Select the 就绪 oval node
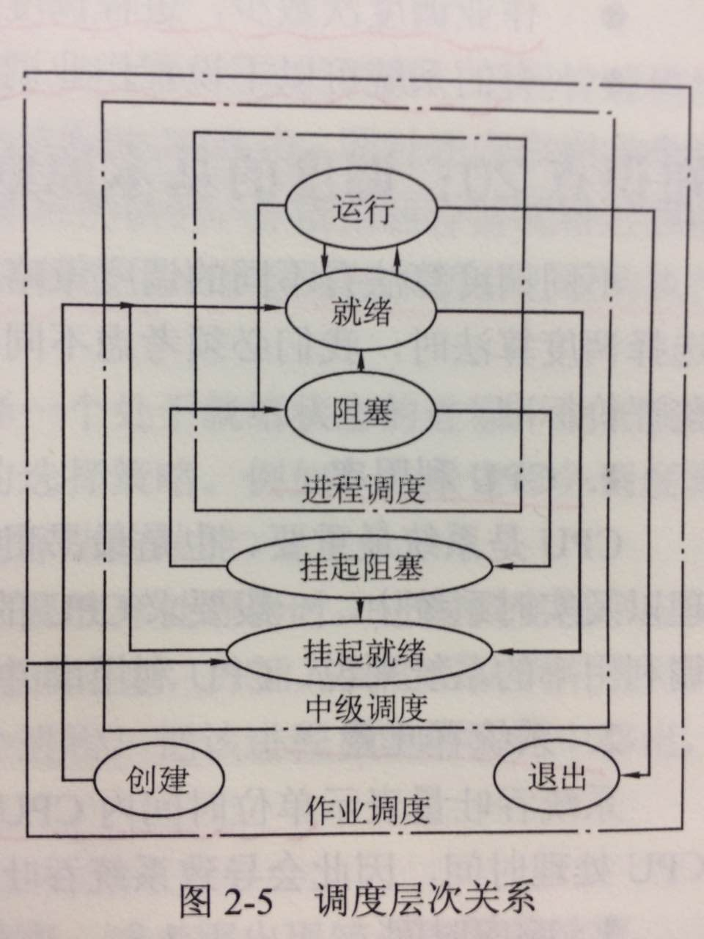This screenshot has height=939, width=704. (362, 313)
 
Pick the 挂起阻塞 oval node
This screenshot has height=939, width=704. (362, 567)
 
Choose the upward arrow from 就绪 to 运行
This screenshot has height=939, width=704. (397, 256)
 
